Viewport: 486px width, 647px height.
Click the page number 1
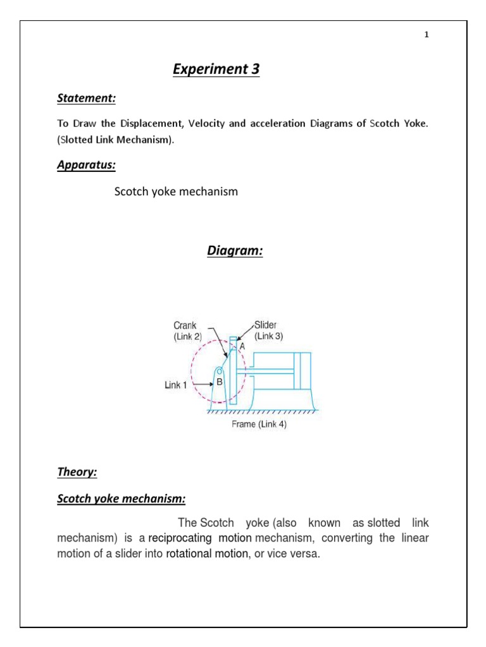427,35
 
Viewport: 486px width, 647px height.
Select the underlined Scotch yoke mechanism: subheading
121,499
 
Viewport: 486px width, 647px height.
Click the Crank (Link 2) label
188,332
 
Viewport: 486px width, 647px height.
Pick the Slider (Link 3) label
269,331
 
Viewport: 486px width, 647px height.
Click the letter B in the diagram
220,382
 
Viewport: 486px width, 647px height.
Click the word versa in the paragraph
306,553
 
